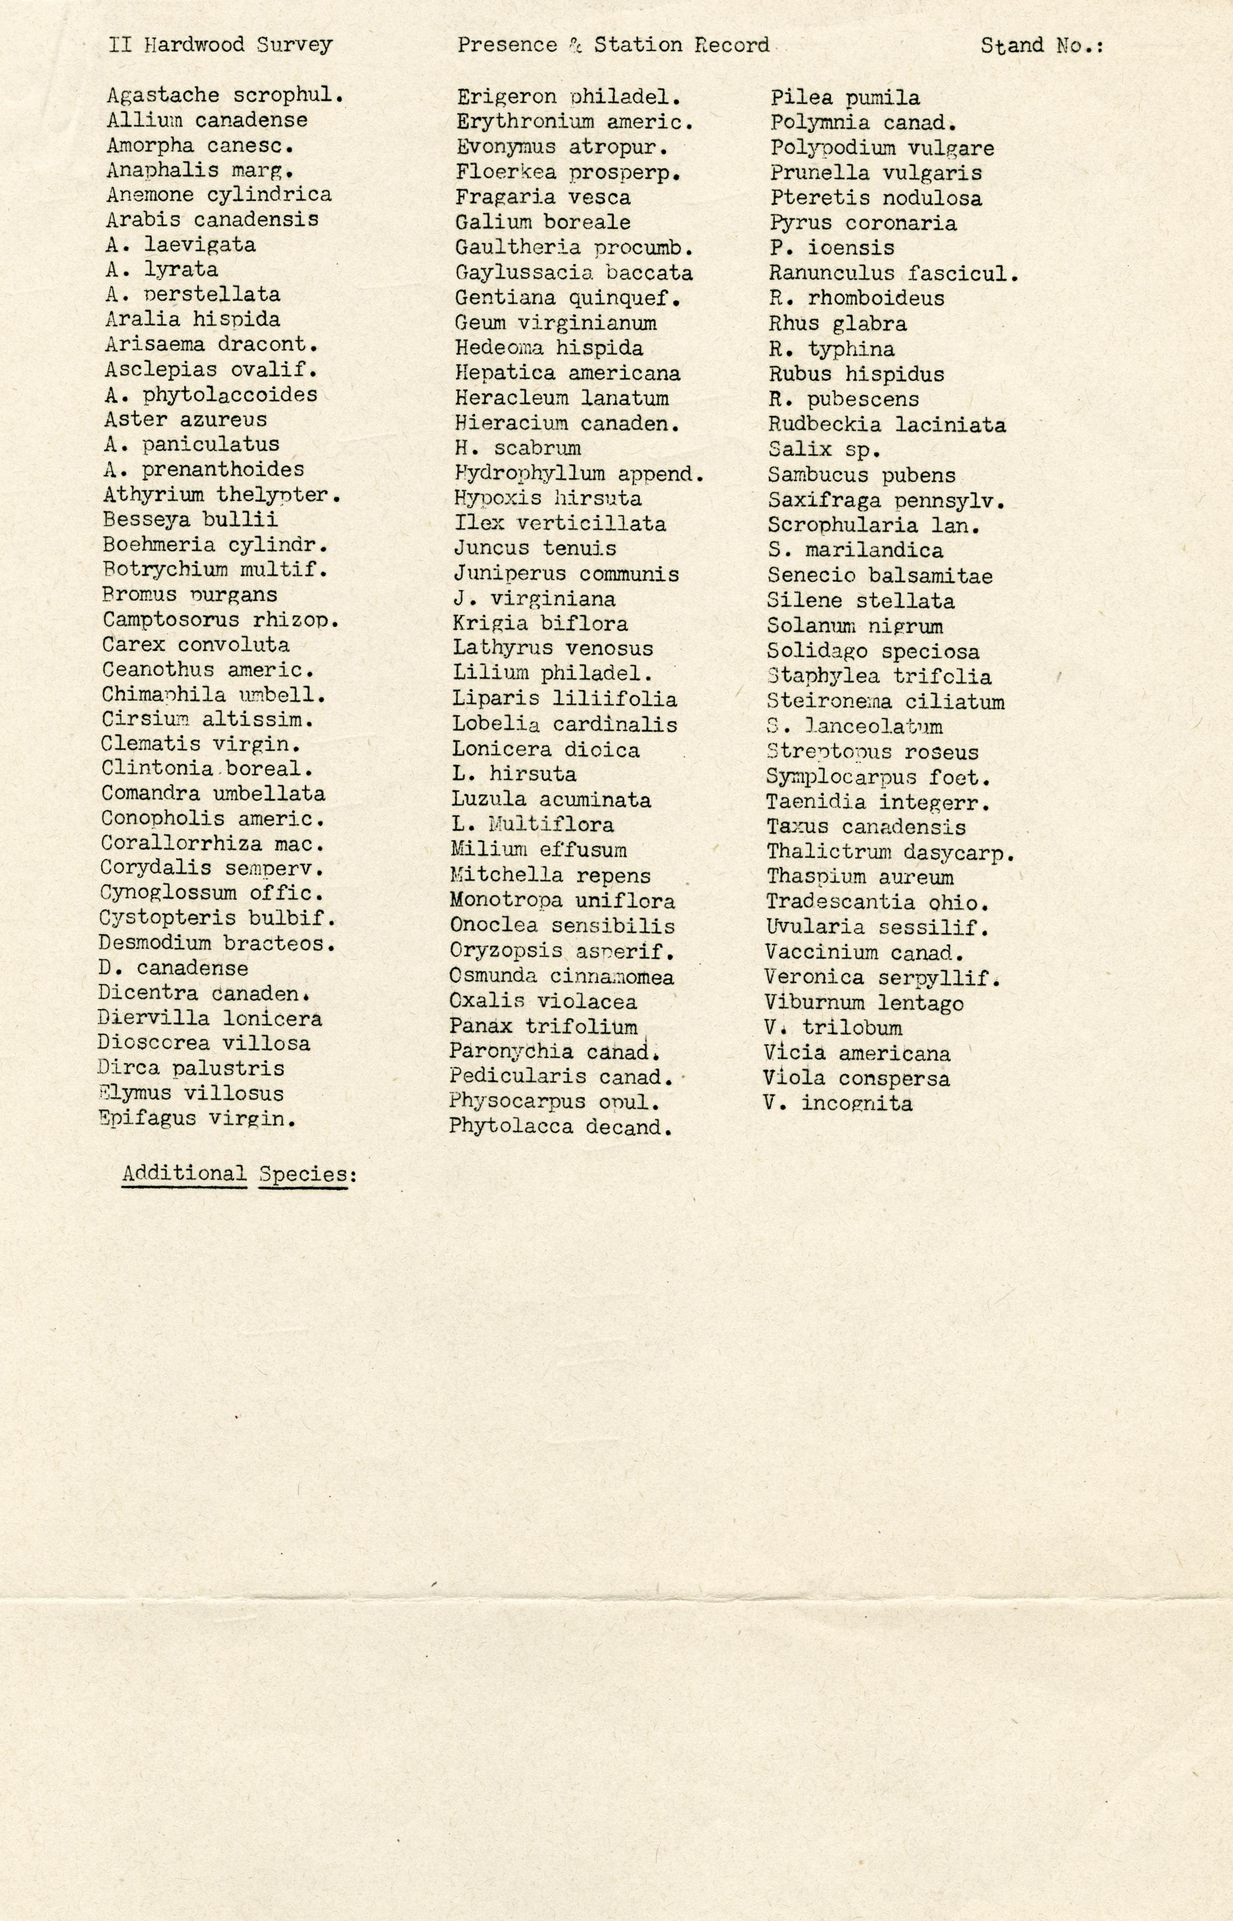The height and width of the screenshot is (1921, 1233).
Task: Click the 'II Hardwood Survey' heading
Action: point(220,45)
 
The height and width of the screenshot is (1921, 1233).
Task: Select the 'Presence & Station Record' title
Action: point(613,45)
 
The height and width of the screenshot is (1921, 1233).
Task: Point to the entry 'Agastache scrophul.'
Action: point(225,95)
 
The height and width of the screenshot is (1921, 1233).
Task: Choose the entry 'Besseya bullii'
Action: point(190,519)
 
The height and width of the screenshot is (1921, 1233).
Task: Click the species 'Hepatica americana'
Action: point(568,373)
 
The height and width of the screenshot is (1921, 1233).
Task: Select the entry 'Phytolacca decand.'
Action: point(560,1127)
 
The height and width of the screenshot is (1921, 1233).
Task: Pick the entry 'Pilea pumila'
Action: point(845,98)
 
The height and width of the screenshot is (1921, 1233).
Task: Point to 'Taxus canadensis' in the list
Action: point(865,827)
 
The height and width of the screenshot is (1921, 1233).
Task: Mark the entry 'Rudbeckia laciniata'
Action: point(886,424)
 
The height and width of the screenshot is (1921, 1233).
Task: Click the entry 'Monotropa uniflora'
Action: point(562,901)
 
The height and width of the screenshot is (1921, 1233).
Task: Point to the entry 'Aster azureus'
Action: point(185,419)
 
